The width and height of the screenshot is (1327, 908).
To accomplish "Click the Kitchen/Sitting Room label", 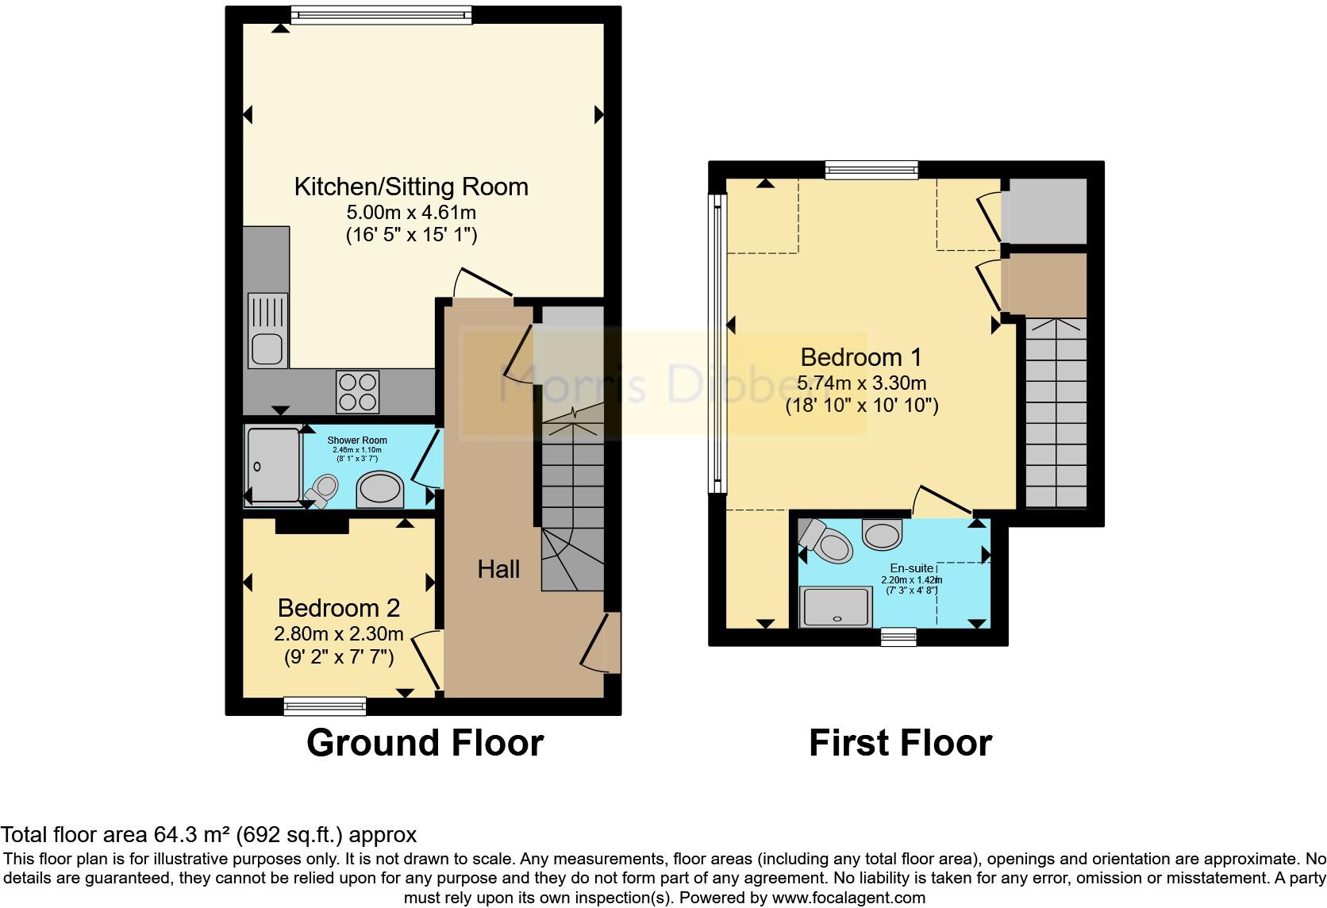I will [x=410, y=187].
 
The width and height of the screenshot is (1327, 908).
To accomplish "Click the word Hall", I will [x=498, y=569].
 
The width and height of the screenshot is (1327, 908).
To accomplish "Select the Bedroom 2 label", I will [x=338, y=609].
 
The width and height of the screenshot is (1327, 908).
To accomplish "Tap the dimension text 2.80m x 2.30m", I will [x=338, y=634].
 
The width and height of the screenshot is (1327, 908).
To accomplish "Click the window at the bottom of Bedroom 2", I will [x=325, y=705].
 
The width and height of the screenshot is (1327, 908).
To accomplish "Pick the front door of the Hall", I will [x=611, y=643].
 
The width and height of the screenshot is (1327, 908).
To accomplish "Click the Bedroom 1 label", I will [x=861, y=357].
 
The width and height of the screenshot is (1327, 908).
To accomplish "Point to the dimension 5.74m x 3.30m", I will [x=861, y=383].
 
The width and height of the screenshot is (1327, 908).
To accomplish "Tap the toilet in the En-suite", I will [x=827, y=543].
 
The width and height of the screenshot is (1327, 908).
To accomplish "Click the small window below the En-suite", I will [x=898, y=637].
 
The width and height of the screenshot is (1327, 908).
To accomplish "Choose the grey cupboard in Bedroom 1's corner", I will [x=1044, y=211].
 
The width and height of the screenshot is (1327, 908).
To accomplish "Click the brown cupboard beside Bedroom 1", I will [x=1044, y=285].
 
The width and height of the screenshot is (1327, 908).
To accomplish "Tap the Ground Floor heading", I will [x=425, y=744].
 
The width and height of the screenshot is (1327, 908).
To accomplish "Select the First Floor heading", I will [x=900, y=744].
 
